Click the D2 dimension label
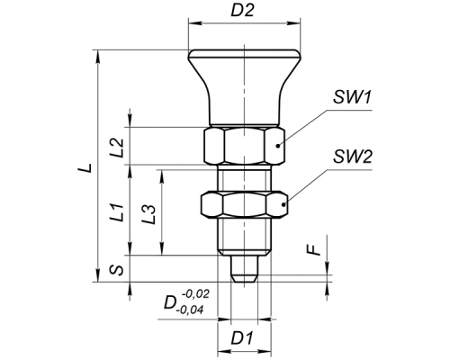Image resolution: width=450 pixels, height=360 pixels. coord(243,11)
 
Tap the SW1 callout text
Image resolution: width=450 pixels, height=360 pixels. coord(353,97)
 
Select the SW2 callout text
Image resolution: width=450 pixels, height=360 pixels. coord(353,157)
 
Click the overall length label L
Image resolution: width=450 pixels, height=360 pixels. coord(85,167)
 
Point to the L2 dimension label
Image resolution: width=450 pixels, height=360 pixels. coord(117,148)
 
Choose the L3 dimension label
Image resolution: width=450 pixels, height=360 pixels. coord(149,214)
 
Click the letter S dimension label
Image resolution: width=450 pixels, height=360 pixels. coord(116,270)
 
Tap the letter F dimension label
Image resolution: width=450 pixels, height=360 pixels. coord(314,249)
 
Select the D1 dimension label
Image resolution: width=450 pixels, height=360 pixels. coord(242,338)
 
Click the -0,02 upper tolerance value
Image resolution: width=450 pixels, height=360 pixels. coord(195,294)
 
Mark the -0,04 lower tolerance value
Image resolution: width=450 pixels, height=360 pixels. coord(191,310)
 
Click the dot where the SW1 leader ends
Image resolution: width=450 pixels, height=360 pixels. coord(278,146)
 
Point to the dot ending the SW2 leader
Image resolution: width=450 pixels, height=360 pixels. coord(283,204)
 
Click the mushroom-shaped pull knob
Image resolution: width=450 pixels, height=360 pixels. coord(244,87)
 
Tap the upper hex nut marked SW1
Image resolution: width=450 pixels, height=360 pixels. coord(244,146)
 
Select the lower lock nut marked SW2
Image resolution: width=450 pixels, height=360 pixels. coord(244,204)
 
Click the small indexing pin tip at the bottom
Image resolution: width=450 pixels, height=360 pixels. coord(244,269)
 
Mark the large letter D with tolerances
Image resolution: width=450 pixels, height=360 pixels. coord(169,303)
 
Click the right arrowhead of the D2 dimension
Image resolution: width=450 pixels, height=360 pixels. coord(294,22)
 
